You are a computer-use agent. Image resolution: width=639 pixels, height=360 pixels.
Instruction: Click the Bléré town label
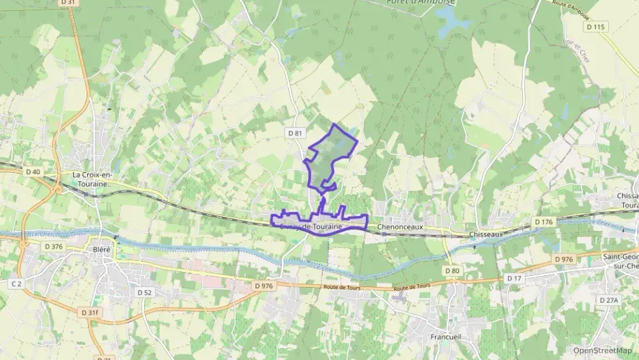[x=101, y=249]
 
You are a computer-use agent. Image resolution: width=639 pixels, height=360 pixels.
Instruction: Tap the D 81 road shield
[x=295, y=133]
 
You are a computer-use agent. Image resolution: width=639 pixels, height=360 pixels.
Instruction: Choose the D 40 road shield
[x=32, y=171]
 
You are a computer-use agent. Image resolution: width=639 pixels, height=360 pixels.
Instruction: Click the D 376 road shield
[x=53, y=246]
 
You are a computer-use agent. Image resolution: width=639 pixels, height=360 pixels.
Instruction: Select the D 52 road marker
[x=144, y=292]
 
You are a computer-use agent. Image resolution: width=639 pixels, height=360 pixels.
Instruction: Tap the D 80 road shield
[x=452, y=271]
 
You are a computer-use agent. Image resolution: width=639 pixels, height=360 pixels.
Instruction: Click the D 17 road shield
[x=514, y=278]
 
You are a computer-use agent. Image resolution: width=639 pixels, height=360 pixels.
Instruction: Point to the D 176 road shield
[x=543, y=222]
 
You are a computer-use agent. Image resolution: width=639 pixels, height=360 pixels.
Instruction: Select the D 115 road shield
[x=595, y=27]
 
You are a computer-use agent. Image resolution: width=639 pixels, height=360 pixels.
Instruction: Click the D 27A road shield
[x=608, y=300]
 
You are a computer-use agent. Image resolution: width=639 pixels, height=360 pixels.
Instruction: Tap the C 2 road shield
[x=16, y=283]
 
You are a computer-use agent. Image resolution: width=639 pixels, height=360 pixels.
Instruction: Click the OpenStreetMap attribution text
[x=603, y=350]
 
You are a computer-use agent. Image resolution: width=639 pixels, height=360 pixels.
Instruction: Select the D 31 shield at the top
[x=67, y=3]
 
